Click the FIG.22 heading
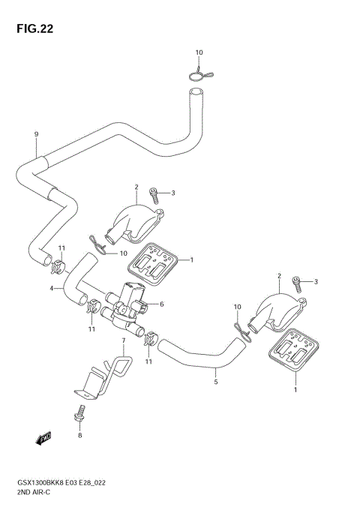(34, 29)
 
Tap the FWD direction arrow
(43, 438)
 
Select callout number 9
(37, 134)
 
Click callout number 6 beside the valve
(162, 304)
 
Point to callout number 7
(124, 340)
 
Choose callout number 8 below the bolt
(80, 435)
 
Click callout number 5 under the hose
(216, 382)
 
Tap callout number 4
(52, 288)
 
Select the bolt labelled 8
(80, 414)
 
